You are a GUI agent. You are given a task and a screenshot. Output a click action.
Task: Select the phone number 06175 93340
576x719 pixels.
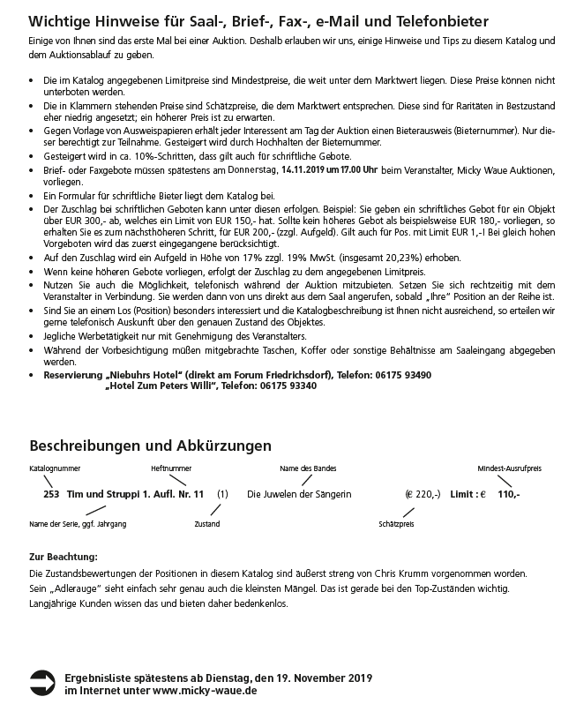(289, 386)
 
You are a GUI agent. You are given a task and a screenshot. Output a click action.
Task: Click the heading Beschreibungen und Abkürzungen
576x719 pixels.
(151, 446)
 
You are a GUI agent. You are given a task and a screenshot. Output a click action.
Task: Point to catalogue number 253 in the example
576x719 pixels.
(51, 494)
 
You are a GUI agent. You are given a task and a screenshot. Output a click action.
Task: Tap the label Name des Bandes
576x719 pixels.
(308, 468)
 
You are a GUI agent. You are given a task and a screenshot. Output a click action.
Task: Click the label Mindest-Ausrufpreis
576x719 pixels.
(510, 468)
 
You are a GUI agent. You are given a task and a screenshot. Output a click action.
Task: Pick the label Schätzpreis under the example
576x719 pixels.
(396, 524)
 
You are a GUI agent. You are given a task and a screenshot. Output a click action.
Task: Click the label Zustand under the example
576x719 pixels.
(207, 524)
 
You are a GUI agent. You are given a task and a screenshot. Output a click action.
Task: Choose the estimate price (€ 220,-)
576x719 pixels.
(423, 494)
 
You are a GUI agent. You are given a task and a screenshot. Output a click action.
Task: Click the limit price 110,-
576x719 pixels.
(509, 494)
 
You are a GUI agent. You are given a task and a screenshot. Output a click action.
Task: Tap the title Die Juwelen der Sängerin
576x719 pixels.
(299, 494)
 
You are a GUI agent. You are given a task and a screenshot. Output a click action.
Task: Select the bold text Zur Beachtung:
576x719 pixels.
(64, 557)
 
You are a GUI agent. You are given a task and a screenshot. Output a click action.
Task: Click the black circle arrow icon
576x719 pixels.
(42, 680)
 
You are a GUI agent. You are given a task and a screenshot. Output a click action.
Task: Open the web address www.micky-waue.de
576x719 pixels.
(205, 692)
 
